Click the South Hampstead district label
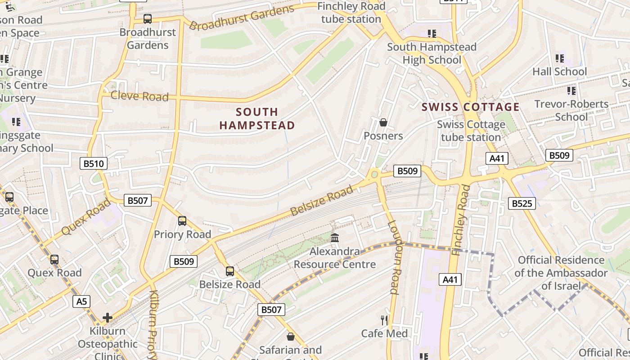pyautogui.click(x=257, y=118)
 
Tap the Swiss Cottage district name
pyautogui.click(x=471, y=107)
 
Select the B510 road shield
pyautogui.click(x=94, y=163)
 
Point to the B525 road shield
pyautogui.click(x=522, y=203)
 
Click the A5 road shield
pyautogui.click(x=81, y=301)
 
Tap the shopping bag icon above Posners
pyautogui.click(x=383, y=122)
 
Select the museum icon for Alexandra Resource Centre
pyautogui.click(x=335, y=238)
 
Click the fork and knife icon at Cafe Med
pyautogui.click(x=384, y=320)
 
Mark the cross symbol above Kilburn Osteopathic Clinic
pyautogui.click(x=108, y=318)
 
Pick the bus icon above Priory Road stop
pyautogui.click(x=182, y=221)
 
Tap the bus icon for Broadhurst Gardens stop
pyautogui.click(x=148, y=19)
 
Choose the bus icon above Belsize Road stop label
pyautogui.click(x=230, y=271)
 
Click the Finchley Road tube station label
pyautogui.click(x=351, y=13)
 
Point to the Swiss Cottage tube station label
pyautogui.click(x=471, y=130)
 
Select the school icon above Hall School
pyautogui.click(x=560, y=58)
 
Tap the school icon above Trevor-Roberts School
pyautogui.click(x=571, y=91)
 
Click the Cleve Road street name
pyautogui.click(x=139, y=96)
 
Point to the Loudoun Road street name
pyautogui.click(x=393, y=257)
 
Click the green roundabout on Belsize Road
pyautogui.click(x=374, y=174)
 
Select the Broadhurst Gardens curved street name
pyautogui.click(x=242, y=18)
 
